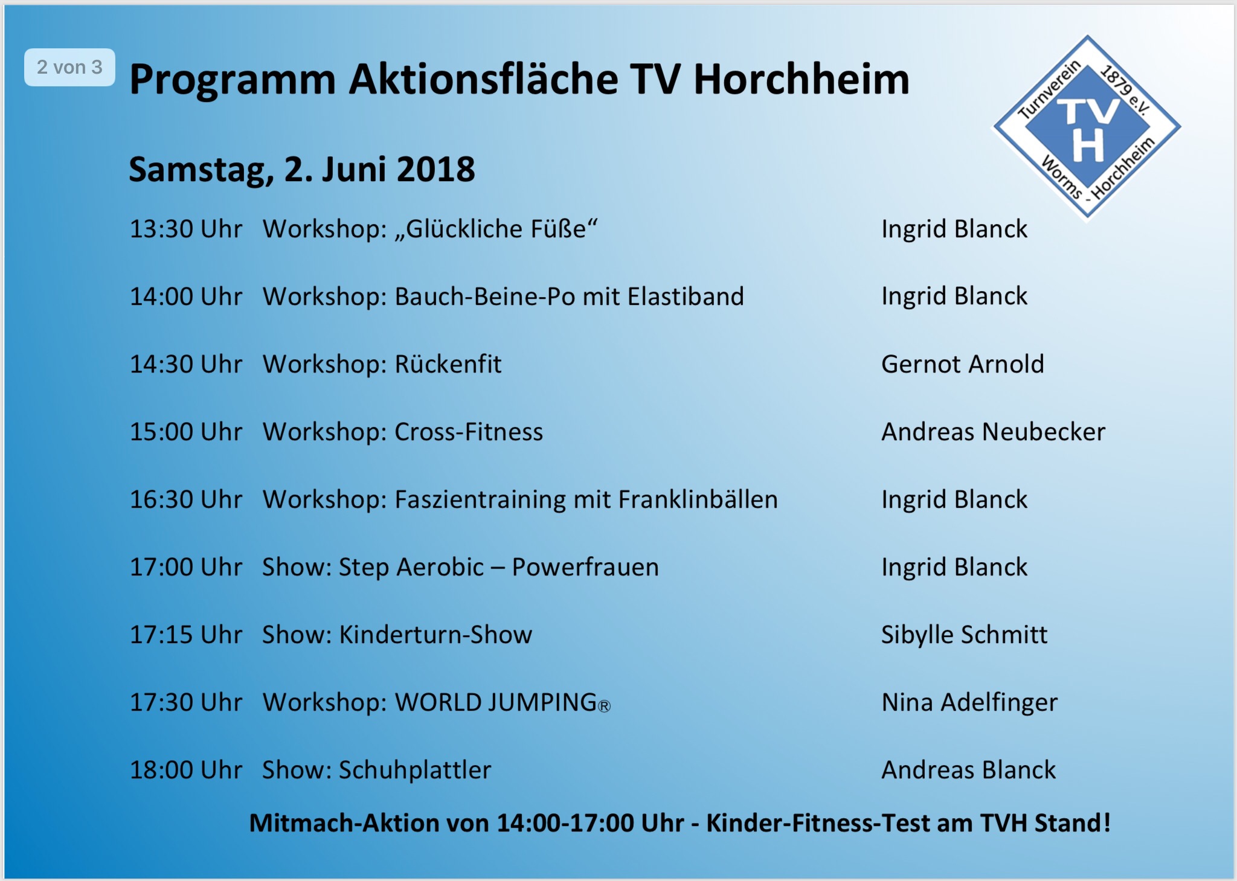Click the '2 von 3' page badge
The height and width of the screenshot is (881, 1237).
tap(69, 67)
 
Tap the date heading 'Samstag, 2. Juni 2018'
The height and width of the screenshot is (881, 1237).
tap(302, 170)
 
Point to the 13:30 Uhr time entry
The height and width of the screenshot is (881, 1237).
tap(186, 229)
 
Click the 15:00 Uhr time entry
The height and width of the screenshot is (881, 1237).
tap(186, 432)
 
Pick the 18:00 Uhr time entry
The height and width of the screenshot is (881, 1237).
tap(186, 770)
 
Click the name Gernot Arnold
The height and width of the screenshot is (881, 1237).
tap(963, 364)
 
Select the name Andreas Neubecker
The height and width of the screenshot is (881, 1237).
tap(994, 432)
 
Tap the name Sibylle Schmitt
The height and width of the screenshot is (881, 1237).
tap(965, 635)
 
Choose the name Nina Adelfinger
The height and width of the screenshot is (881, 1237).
tap(970, 703)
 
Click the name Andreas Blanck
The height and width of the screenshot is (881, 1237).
tap(969, 770)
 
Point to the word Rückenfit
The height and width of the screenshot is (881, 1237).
tap(448, 364)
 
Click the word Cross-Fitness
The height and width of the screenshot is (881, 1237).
tap(469, 432)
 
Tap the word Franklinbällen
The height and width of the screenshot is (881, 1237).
tap(698, 499)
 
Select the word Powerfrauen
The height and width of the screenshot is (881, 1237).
tap(585, 568)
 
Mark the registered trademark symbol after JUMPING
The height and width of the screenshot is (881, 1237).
tap(604, 706)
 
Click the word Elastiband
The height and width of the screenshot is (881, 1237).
tap(686, 296)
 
